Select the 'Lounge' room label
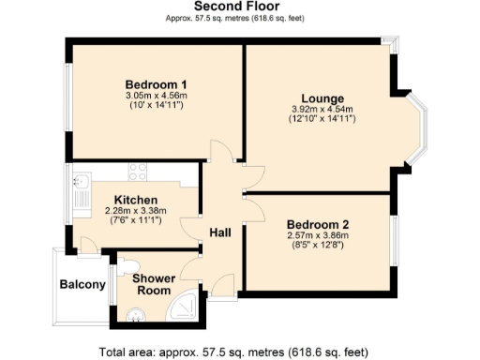(322, 98)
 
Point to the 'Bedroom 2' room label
(318, 224)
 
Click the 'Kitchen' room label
(135, 200)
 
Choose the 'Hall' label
(220, 232)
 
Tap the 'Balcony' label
(82, 284)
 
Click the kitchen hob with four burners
(138, 172)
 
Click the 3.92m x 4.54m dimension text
(322, 110)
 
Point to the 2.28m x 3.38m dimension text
(135, 211)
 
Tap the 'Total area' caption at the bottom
(240, 351)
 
